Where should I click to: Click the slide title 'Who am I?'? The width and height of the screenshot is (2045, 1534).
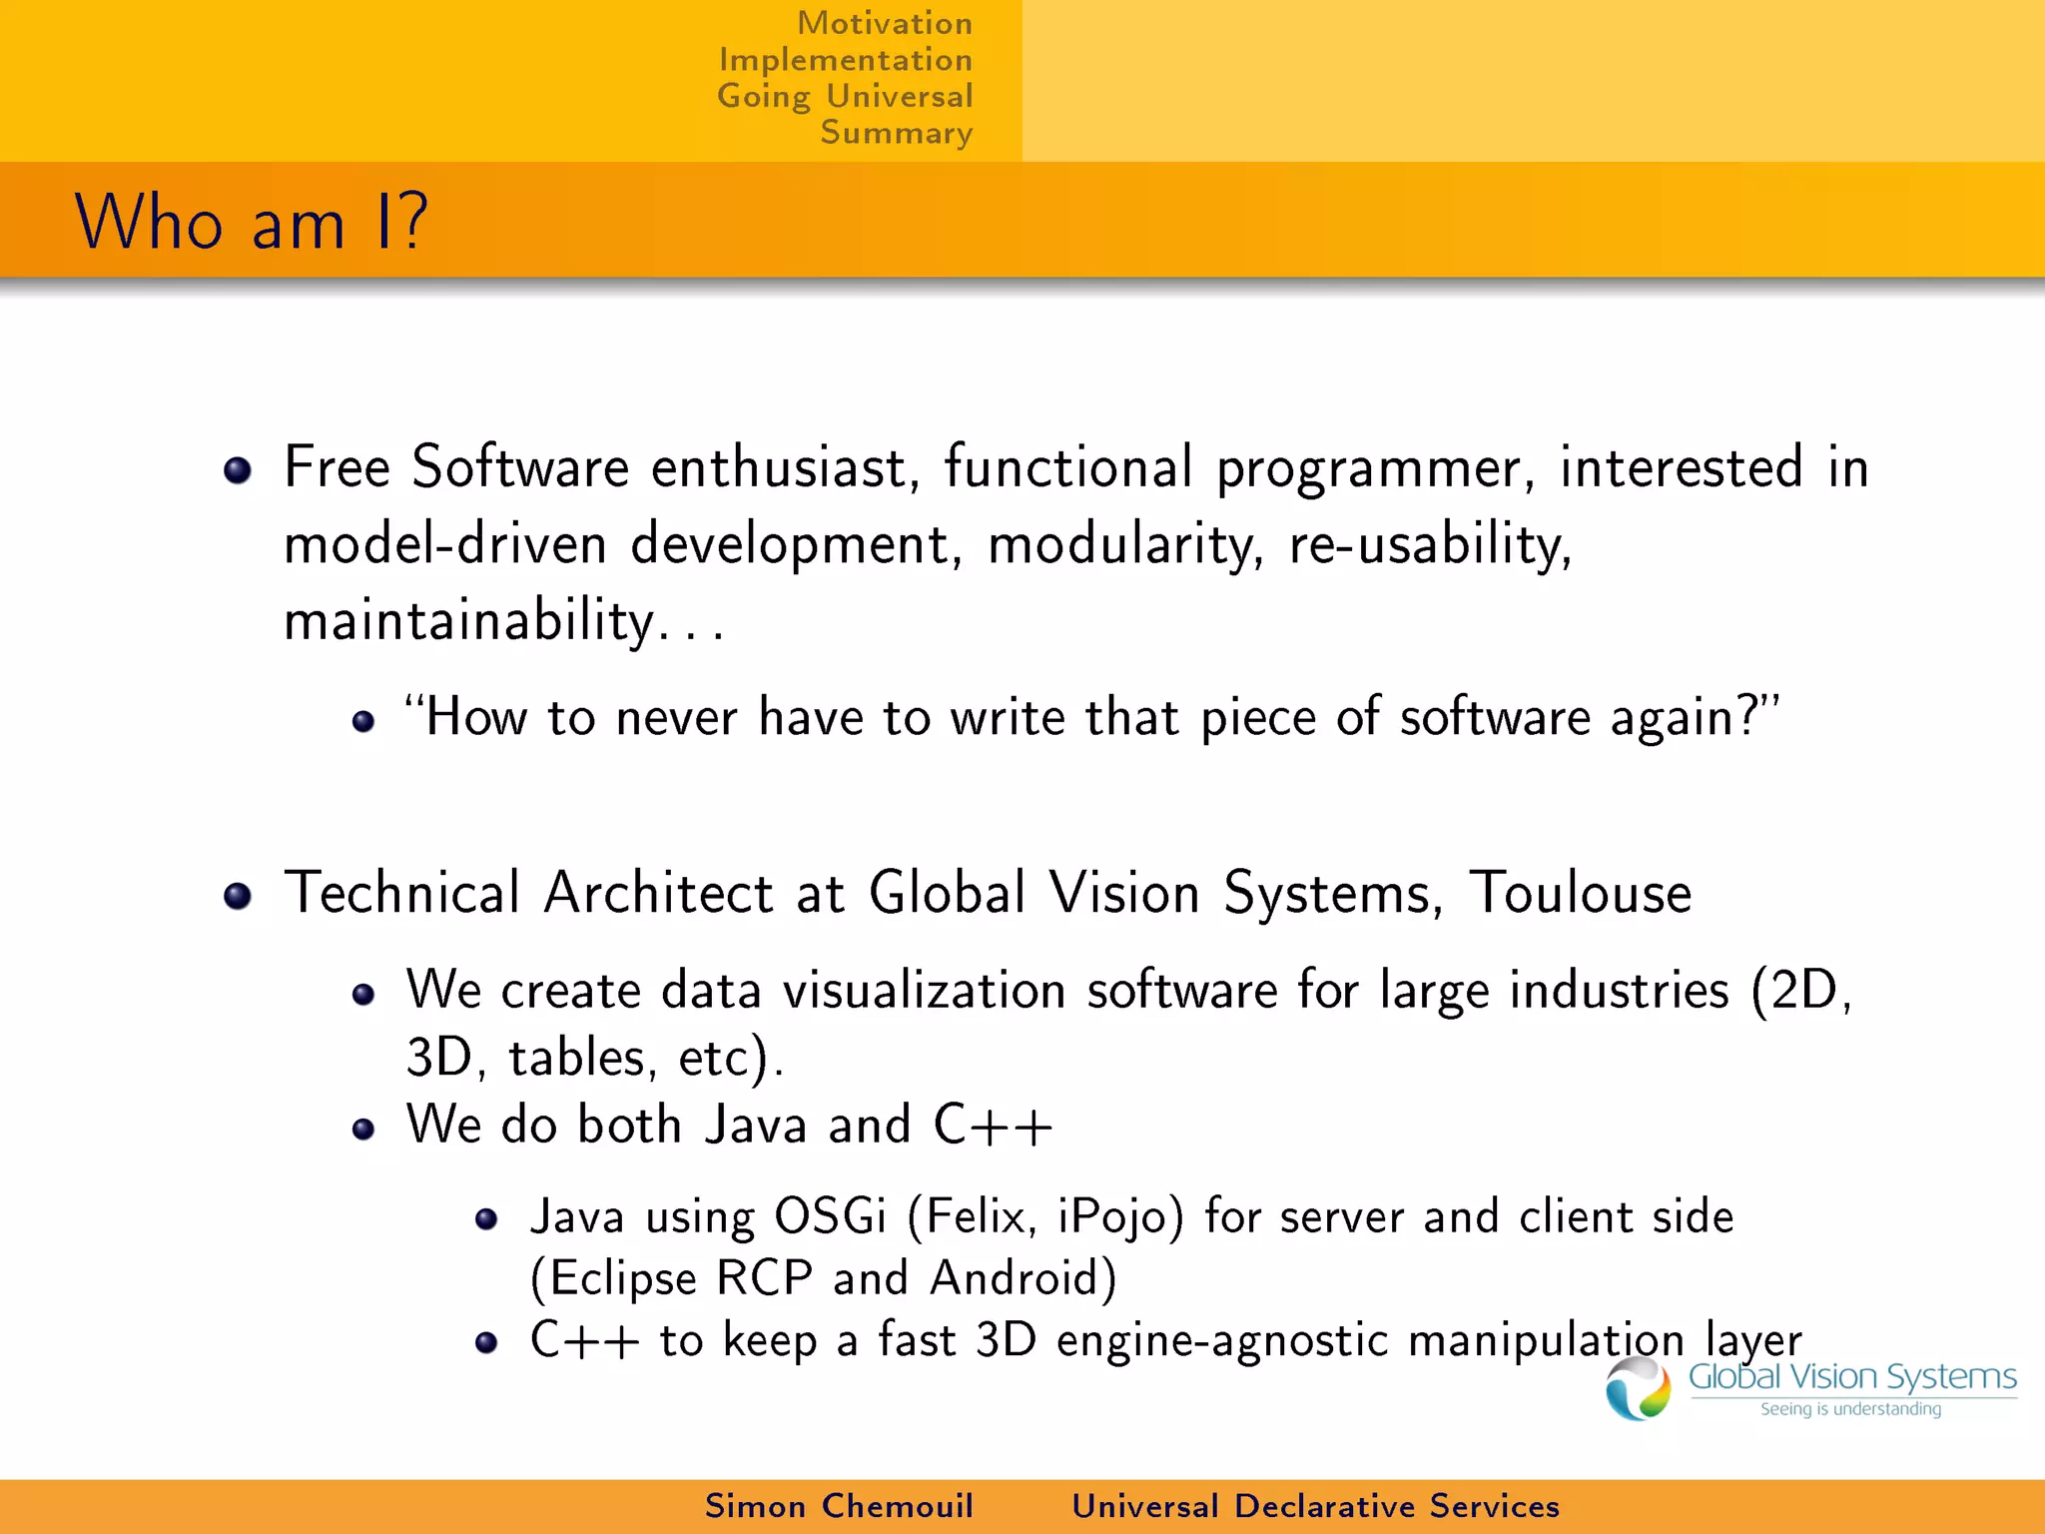[x=252, y=222]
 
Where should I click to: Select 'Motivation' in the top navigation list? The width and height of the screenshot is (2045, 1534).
[x=884, y=23]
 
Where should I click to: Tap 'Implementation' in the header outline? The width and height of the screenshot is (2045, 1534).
[x=845, y=60]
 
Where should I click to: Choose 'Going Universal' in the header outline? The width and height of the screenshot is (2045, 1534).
[x=844, y=97]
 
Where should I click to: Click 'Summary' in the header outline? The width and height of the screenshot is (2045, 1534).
[x=896, y=133]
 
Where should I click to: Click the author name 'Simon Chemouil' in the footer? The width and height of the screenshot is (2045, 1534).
[x=838, y=1506]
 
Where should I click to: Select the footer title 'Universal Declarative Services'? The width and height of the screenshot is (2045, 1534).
[x=1315, y=1506]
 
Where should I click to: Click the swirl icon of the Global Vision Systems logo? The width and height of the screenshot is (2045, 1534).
[x=1638, y=1388]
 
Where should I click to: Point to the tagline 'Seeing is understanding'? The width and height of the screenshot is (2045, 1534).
[x=1850, y=1409]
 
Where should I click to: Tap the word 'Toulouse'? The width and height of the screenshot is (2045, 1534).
[x=1580, y=892]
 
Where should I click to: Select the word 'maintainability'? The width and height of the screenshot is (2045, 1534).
[x=469, y=620]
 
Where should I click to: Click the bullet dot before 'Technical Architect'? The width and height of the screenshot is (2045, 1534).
[x=238, y=896]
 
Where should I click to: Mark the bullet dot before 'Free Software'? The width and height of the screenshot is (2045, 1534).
[x=238, y=470]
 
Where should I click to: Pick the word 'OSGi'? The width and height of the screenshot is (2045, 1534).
[x=830, y=1217]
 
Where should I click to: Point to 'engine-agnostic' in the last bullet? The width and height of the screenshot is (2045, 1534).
[x=1221, y=1340]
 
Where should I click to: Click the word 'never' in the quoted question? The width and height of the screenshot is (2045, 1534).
[x=676, y=718]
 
